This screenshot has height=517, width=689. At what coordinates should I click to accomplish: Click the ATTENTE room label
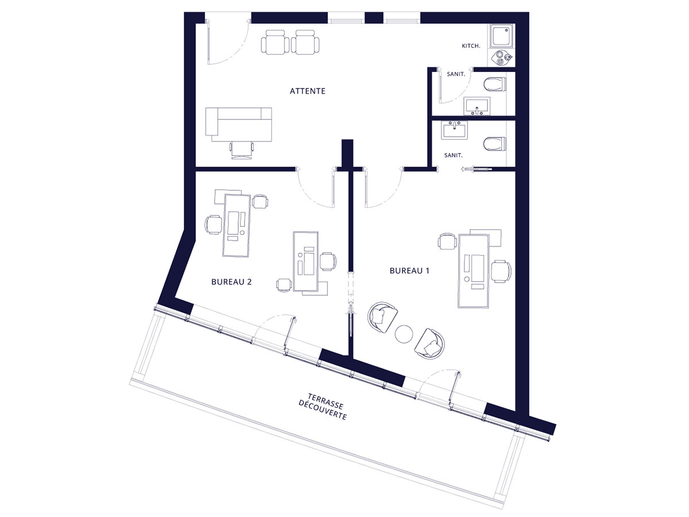pos(307,91)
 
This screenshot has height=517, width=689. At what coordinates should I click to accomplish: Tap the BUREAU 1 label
pos(409,271)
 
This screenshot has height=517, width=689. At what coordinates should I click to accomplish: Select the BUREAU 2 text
pos(231,282)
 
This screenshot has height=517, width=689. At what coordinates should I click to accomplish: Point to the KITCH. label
pos(471,46)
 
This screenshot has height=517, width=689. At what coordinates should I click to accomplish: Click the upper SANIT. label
pos(456,75)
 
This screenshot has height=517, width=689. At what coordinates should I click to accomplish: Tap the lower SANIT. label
pos(453,155)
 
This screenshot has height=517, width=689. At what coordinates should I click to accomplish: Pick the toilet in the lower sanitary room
pos(495,145)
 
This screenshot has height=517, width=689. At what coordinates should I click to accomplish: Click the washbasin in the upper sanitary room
pos(477,106)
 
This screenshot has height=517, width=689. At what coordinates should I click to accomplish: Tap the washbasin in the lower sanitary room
pos(454,130)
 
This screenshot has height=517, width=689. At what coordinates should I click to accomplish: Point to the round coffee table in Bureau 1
pos(404,334)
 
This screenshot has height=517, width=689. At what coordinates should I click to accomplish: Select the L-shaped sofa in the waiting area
pos(238,124)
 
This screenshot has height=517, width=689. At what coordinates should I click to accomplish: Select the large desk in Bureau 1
pos(473,271)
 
